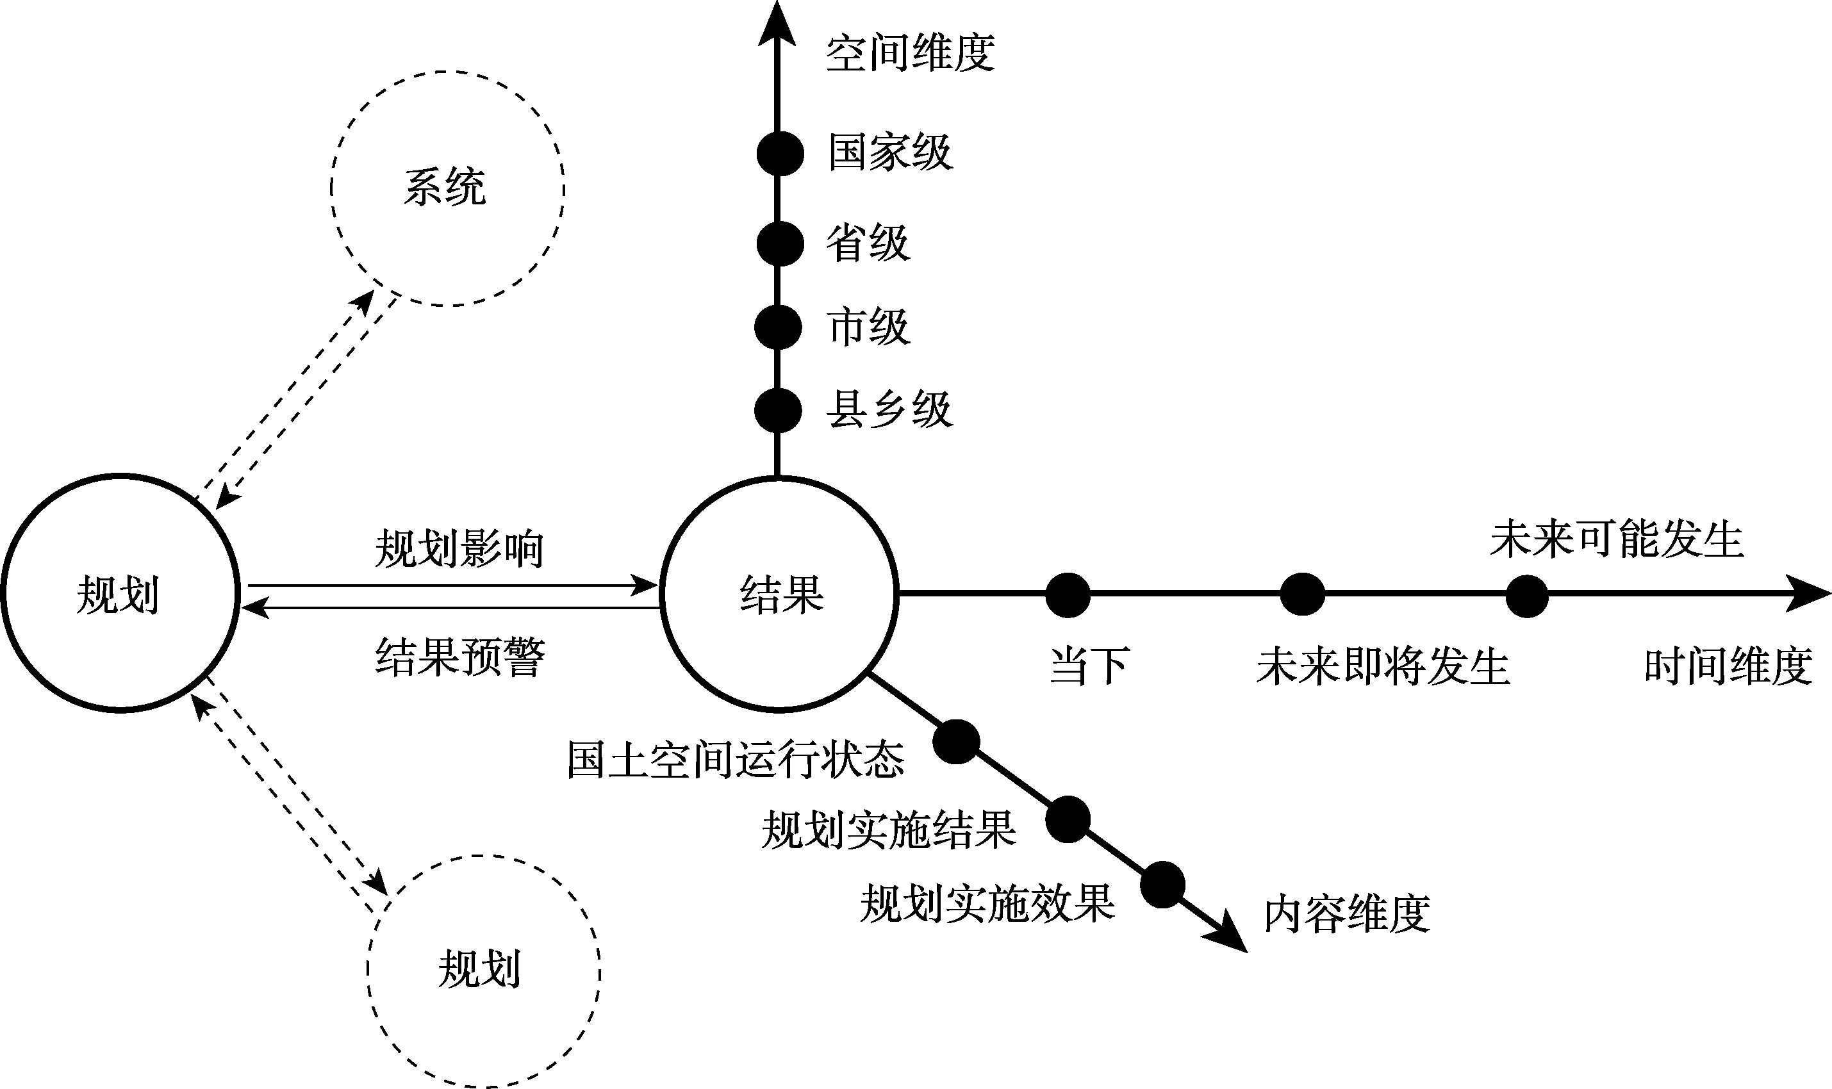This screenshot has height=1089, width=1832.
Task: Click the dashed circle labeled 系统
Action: click(447, 188)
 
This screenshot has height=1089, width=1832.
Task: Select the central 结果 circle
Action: click(779, 594)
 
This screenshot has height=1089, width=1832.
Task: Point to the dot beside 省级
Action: click(779, 243)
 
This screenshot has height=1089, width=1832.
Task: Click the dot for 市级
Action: click(778, 327)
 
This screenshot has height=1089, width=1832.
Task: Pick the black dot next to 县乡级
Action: click(778, 410)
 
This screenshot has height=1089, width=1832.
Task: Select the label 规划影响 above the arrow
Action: click(459, 549)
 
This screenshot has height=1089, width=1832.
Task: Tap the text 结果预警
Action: click(460, 656)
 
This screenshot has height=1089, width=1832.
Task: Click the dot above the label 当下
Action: click(1068, 594)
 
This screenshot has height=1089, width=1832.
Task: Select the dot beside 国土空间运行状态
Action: click(956, 741)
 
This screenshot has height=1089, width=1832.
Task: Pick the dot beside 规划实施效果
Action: click(1162, 884)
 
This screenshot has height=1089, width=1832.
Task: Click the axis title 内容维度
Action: click(1347, 913)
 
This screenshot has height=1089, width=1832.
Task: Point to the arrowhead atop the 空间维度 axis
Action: click(777, 26)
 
